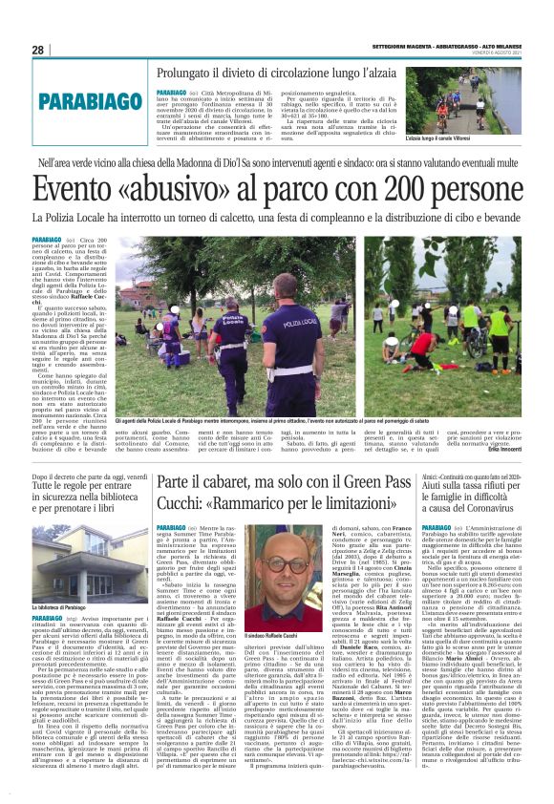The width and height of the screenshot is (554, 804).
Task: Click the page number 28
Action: point(38,50)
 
